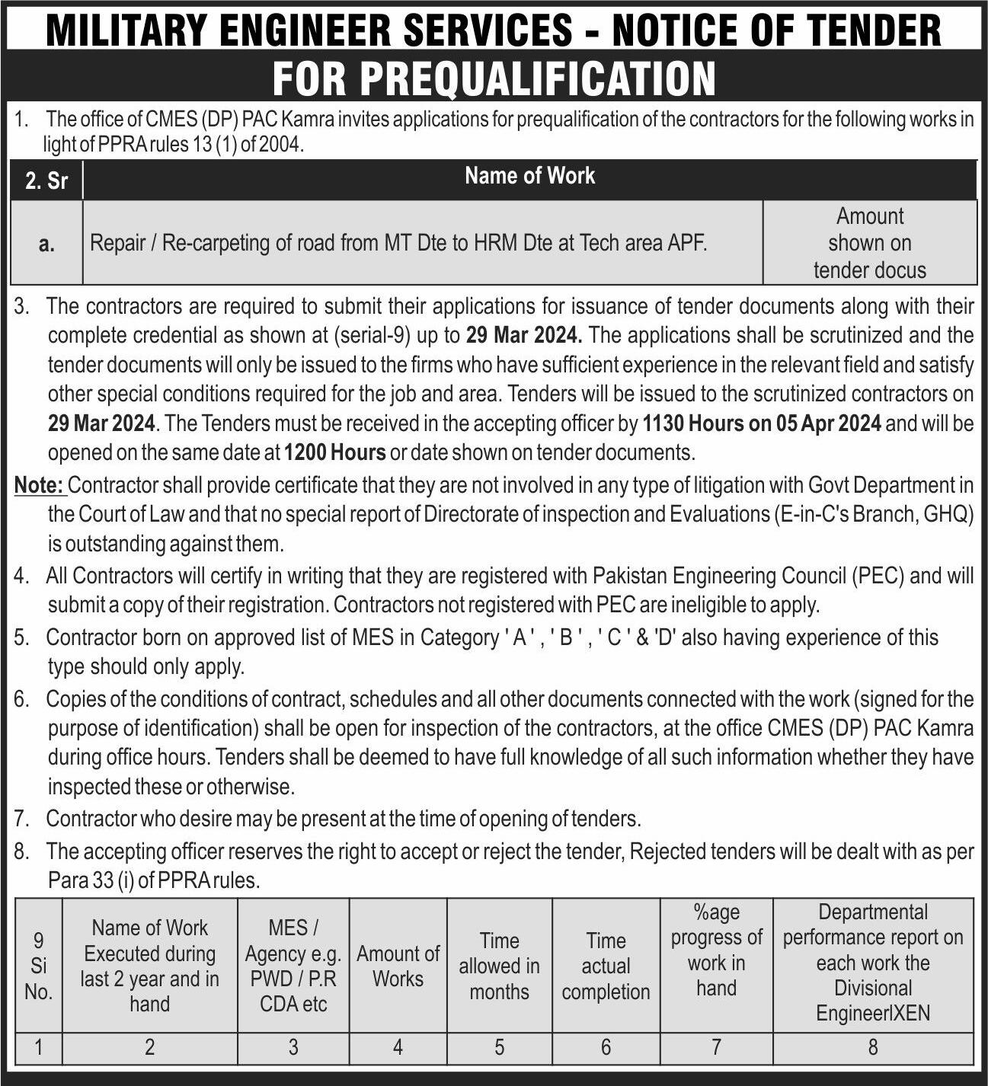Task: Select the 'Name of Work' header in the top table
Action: (x=529, y=176)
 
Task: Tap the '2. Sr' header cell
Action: (x=46, y=180)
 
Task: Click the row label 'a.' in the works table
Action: (x=46, y=244)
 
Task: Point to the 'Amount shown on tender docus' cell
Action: (x=869, y=243)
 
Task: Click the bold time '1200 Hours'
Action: (x=334, y=452)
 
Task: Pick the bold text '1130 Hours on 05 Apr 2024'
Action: (x=762, y=423)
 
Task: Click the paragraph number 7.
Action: (x=21, y=819)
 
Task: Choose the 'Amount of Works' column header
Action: (x=398, y=966)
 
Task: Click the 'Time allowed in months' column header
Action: (x=499, y=966)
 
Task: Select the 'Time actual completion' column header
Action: (x=606, y=966)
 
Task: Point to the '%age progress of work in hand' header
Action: (x=716, y=950)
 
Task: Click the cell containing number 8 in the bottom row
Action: (x=873, y=1047)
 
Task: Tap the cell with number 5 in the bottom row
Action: (x=499, y=1047)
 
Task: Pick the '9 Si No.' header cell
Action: (x=38, y=966)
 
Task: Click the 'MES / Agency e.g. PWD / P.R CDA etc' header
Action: (x=293, y=966)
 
